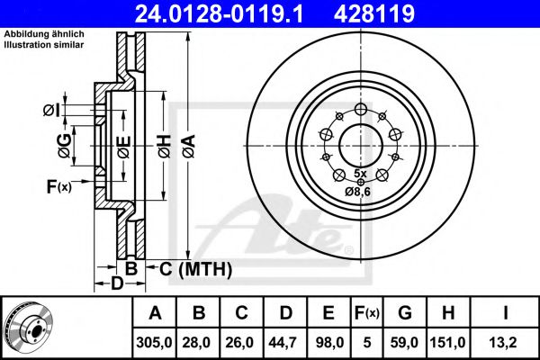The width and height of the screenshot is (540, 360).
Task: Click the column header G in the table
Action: [406, 313]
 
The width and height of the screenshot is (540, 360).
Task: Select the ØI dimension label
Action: [51, 110]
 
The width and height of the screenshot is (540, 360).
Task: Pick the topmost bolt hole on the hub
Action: [360, 110]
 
